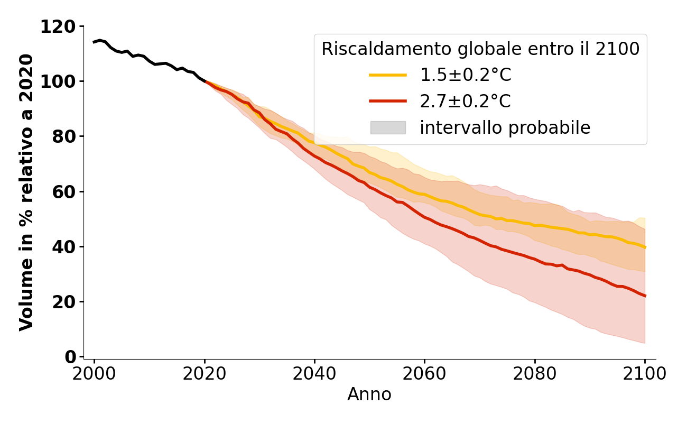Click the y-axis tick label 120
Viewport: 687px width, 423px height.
(59, 26)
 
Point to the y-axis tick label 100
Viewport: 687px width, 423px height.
(59, 81)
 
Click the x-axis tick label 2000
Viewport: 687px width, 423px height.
(95, 373)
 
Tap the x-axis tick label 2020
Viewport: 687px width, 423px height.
(205, 373)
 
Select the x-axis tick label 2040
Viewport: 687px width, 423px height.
(314, 373)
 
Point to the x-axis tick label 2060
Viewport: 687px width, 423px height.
(424, 373)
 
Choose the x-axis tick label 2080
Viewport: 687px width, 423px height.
(535, 373)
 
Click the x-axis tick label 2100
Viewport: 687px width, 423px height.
(645, 373)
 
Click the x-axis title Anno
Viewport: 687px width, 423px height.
(369, 394)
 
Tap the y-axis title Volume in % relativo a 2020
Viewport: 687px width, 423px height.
(26, 192)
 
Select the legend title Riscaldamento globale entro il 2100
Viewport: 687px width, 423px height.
(480, 49)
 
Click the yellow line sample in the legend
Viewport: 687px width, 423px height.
(388, 75)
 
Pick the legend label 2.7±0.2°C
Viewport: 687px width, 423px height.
(466, 101)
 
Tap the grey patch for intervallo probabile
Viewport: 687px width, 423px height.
(388, 127)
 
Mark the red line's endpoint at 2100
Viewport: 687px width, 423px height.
(645, 296)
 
